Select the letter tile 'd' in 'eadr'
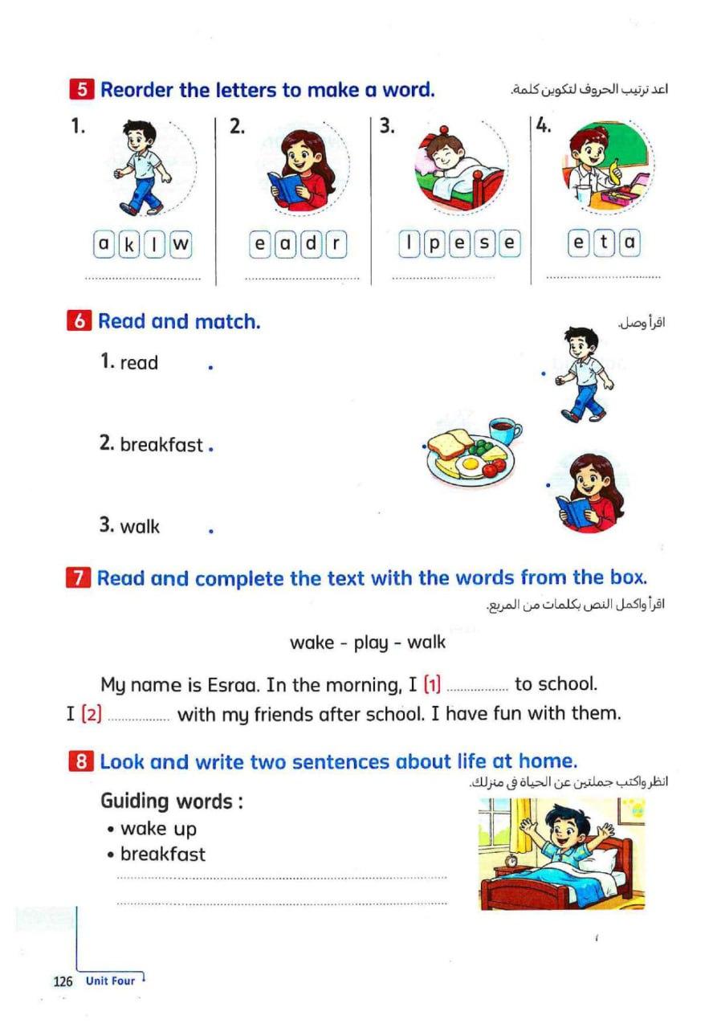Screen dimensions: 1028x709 311,244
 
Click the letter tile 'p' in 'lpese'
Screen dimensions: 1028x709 434,244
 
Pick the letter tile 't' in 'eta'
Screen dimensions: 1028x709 605,243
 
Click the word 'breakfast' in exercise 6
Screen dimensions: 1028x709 161,444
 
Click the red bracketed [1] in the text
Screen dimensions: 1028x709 432,685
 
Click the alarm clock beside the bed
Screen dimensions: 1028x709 511,861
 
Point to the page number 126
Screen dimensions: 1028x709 63,981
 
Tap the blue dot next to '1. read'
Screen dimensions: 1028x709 210,368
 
